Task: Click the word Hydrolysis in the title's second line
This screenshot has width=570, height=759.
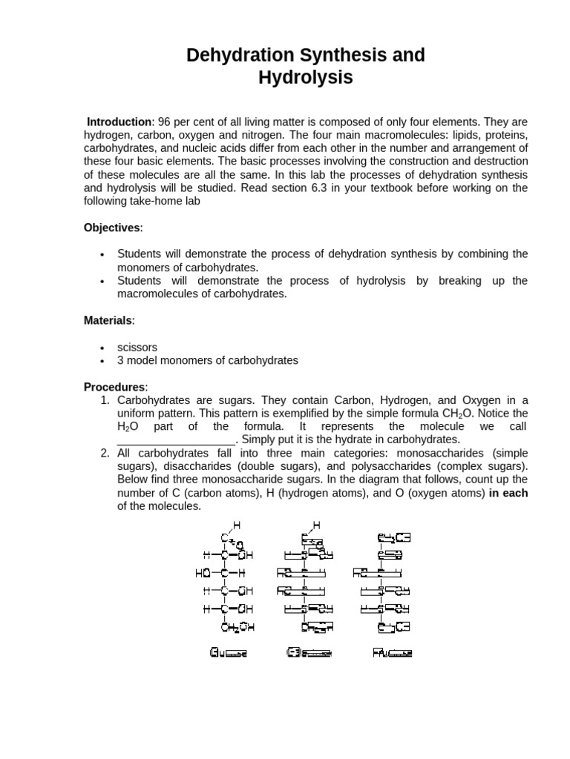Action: pos(305,77)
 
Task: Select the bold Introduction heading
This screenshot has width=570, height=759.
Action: pos(119,122)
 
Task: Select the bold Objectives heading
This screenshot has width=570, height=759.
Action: pos(111,227)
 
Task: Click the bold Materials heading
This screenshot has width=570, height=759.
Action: pos(108,320)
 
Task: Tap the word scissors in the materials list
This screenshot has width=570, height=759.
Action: pos(137,347)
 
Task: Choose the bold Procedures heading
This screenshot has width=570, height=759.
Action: pos(115,387)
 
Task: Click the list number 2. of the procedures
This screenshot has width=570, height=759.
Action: pos(105,453)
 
